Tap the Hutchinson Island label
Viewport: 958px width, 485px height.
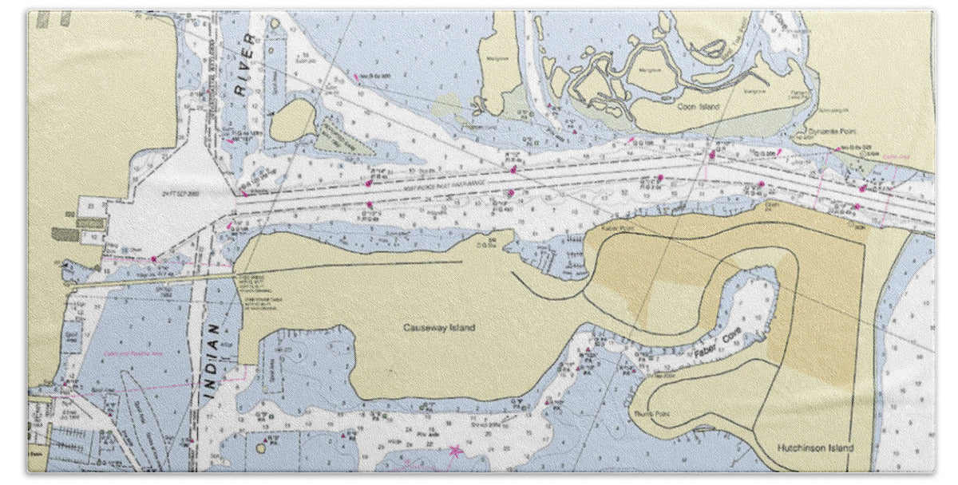click(815, 448)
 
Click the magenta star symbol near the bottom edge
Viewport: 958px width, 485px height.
click(456, 451)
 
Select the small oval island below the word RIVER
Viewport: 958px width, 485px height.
click(293, 120)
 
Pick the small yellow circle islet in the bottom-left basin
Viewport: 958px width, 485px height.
click(260, 448)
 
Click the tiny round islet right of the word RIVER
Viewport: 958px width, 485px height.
click(275, 23)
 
